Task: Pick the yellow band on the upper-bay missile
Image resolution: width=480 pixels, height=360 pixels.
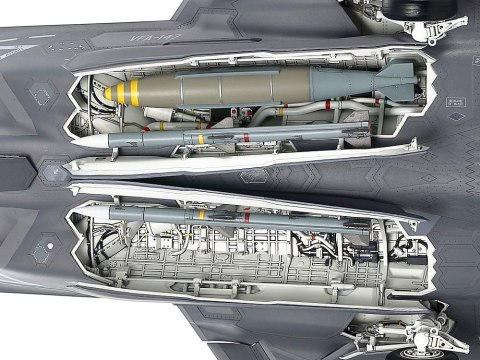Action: pos(201,137)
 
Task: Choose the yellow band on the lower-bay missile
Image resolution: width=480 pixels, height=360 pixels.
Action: pos(200,214)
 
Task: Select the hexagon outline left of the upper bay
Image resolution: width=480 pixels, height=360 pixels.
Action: pos(44,92)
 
